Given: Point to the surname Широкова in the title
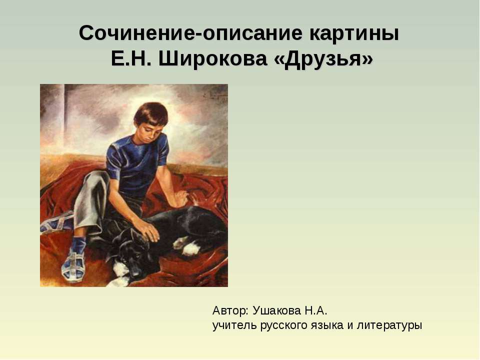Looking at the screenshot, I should pos(214,59).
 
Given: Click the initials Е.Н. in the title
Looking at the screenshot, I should pos(131,59).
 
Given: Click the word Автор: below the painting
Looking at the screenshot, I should pos(230,310).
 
